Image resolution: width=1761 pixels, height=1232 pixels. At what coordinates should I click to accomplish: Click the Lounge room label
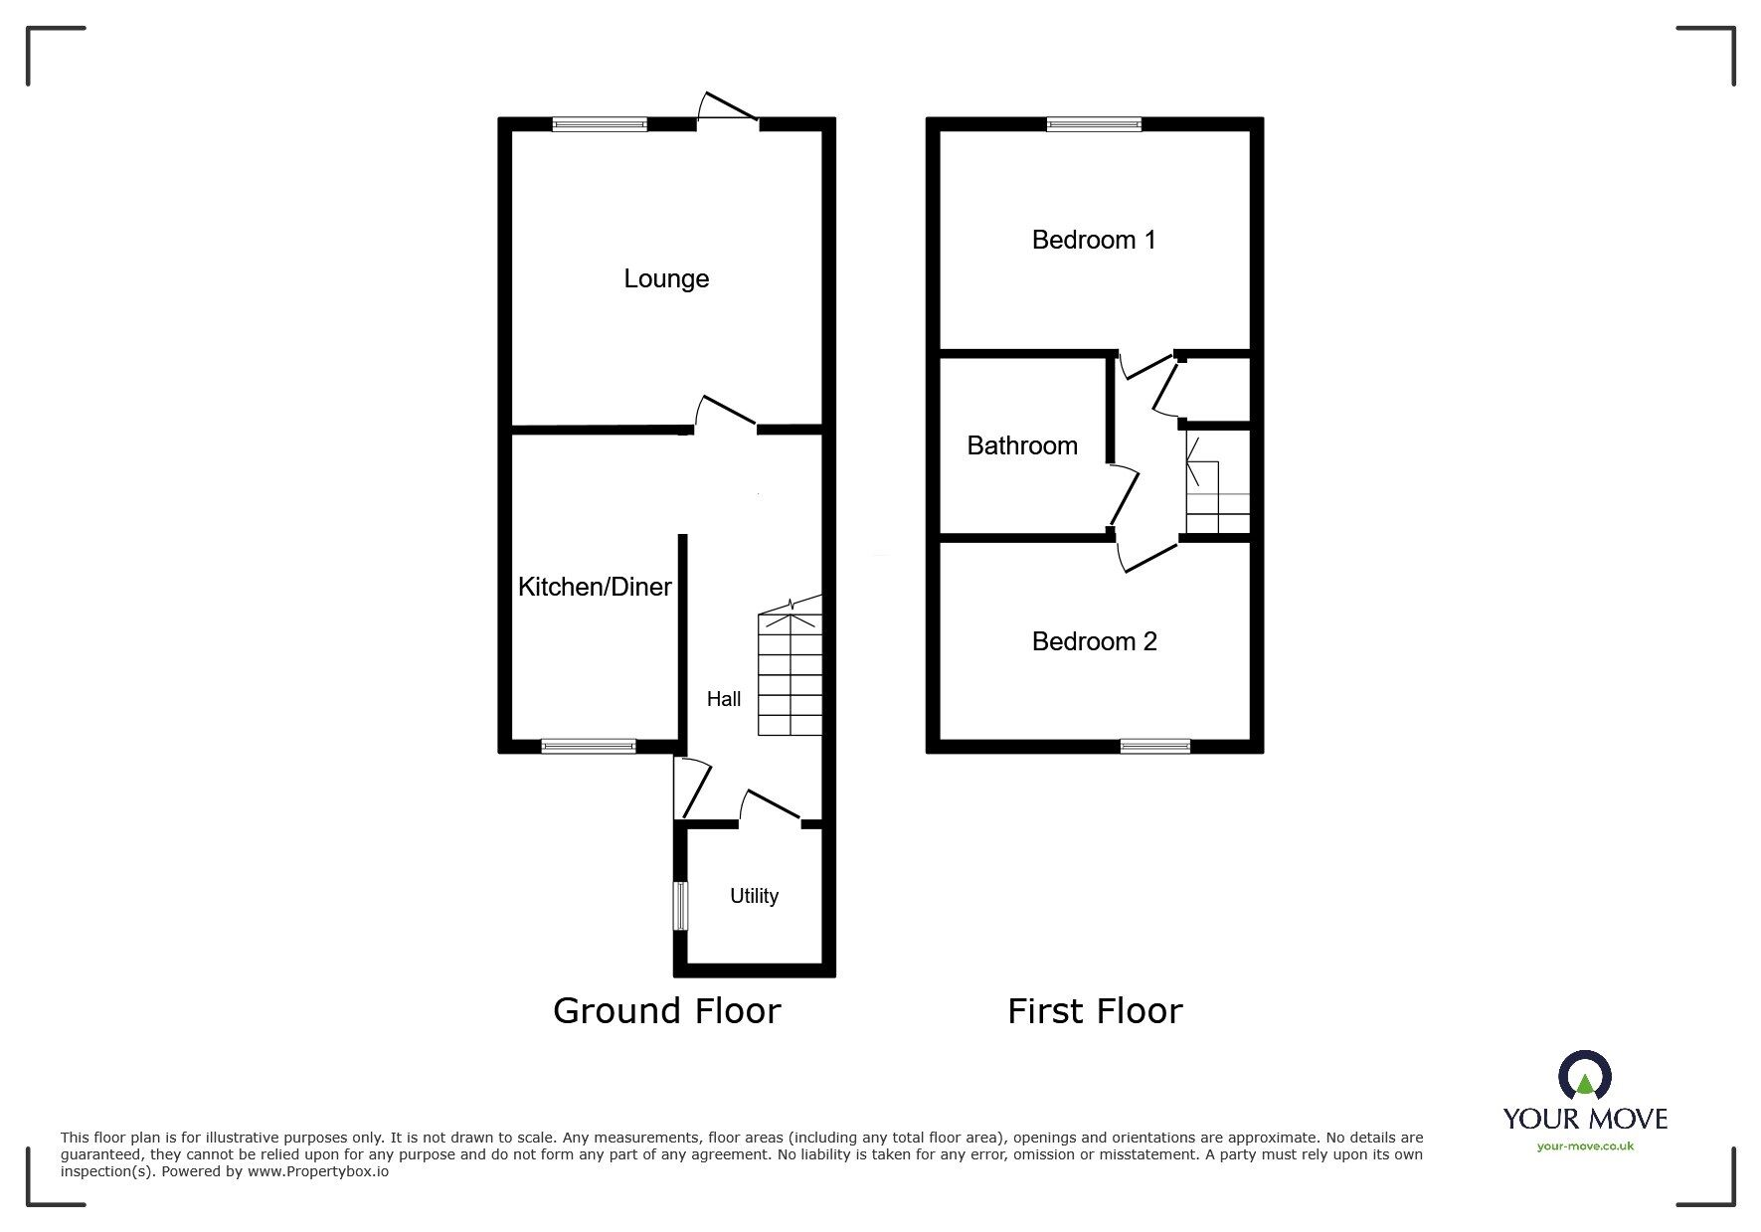click(666, 278)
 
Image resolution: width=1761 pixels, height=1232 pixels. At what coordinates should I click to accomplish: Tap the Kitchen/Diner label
click(595, 587)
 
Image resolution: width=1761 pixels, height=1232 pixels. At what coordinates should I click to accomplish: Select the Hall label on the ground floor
click(724, 699)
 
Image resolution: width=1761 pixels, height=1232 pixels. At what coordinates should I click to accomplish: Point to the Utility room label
click(754, 896)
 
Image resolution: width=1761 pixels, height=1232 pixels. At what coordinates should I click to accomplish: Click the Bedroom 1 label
click(1094, 240)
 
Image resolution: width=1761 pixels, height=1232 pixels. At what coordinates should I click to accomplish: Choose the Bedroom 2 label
click(1094, 641)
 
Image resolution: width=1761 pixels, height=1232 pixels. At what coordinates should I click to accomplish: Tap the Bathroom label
click(1022, 445)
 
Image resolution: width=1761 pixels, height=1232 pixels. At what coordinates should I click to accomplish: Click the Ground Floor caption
click(666, 1011)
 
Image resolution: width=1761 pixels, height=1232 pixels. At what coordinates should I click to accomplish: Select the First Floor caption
click(1095, 1011)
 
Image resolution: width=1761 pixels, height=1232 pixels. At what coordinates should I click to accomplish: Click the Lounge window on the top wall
click(600, 124)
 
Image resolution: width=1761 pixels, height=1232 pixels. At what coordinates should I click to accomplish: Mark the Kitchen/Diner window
click(589, 746)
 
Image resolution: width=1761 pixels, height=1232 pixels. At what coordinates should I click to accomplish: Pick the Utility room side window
click(680, 906)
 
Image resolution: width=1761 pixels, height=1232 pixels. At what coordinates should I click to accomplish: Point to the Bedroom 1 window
click(1094, 124)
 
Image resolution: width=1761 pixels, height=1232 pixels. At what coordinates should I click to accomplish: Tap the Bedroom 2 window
click(1154, 746)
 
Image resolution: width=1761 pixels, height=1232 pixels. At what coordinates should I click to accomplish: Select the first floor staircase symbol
click(1217, 497)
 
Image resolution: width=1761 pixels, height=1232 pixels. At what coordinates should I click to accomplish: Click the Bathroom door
click(1124, 494)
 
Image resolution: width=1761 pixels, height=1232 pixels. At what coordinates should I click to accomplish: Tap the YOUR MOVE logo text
click(1585, 1119)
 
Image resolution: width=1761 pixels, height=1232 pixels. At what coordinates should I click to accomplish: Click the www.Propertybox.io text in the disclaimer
click(318, 1171)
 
